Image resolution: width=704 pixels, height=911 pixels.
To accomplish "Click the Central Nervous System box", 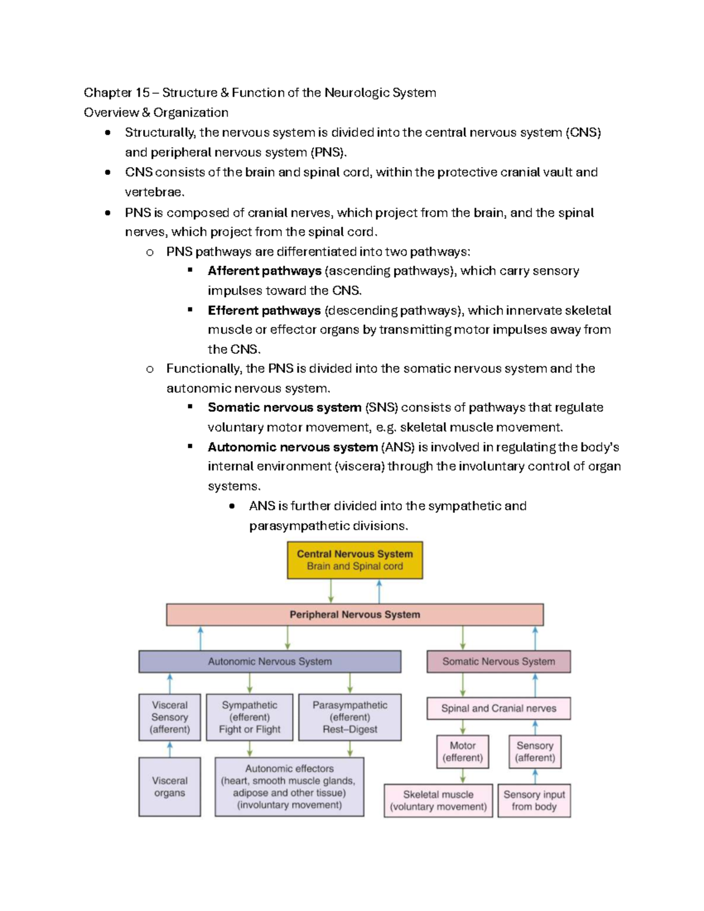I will (x=354, y=560).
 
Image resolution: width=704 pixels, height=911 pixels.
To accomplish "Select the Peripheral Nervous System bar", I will (x=354, y=615).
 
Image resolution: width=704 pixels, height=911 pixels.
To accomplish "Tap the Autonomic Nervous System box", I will (x=270, y=662).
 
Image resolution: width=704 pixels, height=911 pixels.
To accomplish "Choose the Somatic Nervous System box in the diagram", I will (x=498, y=662).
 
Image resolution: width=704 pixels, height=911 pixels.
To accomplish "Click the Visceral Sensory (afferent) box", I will (x=170, y=717).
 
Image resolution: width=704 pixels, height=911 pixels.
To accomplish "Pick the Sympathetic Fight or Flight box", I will (x=249, y=717).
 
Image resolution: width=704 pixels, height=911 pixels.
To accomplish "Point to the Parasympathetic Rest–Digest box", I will (x=350, y=717).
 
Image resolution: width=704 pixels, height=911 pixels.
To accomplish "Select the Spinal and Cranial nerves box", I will (x=498, y=709).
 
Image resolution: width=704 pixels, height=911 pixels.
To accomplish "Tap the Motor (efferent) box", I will (x=462, y=751).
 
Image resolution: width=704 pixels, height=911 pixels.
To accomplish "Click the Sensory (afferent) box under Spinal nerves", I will (x=534, y=751).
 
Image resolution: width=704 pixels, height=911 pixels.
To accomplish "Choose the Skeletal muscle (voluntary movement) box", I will (x=438, y=801).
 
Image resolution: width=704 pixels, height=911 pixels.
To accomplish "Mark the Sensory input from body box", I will (x=534, y=801).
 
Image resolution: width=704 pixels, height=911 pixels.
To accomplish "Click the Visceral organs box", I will (x=170, y=787).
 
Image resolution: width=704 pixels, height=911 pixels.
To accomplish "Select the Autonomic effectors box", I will (x=289, y=787).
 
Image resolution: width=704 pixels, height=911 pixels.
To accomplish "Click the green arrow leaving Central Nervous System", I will (x=331, y=591).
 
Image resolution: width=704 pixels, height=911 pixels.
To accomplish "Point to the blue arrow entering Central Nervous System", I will (x=379, y=591).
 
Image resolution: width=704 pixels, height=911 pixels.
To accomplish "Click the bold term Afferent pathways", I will (x=264, y=271).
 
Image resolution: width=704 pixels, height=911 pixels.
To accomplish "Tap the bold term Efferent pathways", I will (x=264, y=310).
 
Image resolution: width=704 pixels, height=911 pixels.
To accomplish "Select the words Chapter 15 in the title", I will (x=116, y=93).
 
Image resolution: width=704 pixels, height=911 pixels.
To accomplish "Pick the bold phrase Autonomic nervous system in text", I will (x=292, y=447).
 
